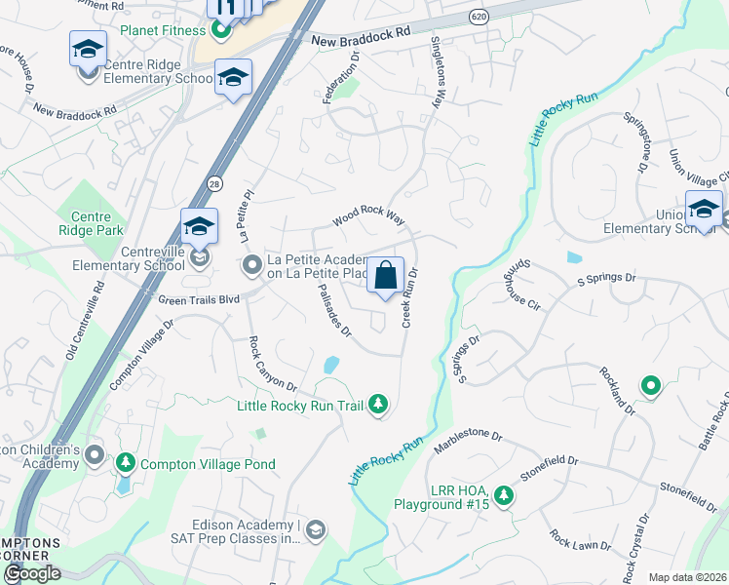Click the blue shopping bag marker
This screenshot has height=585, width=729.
click(x=386, y=275)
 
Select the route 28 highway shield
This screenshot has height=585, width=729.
click(x=213, y=182)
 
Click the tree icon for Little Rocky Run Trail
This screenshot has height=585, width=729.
click(x=378, y=405)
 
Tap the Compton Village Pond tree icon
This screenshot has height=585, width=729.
click(x=125, y=464)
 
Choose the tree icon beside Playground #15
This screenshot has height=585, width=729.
click(x=503, y=496)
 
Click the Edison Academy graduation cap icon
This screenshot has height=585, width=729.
click(x=315, y=530)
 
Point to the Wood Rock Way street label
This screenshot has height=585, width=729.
click(x=367, y=215)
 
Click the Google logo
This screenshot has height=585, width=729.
click(x=31, y=573)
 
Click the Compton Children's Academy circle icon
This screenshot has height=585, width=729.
click(x=95, y=455)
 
